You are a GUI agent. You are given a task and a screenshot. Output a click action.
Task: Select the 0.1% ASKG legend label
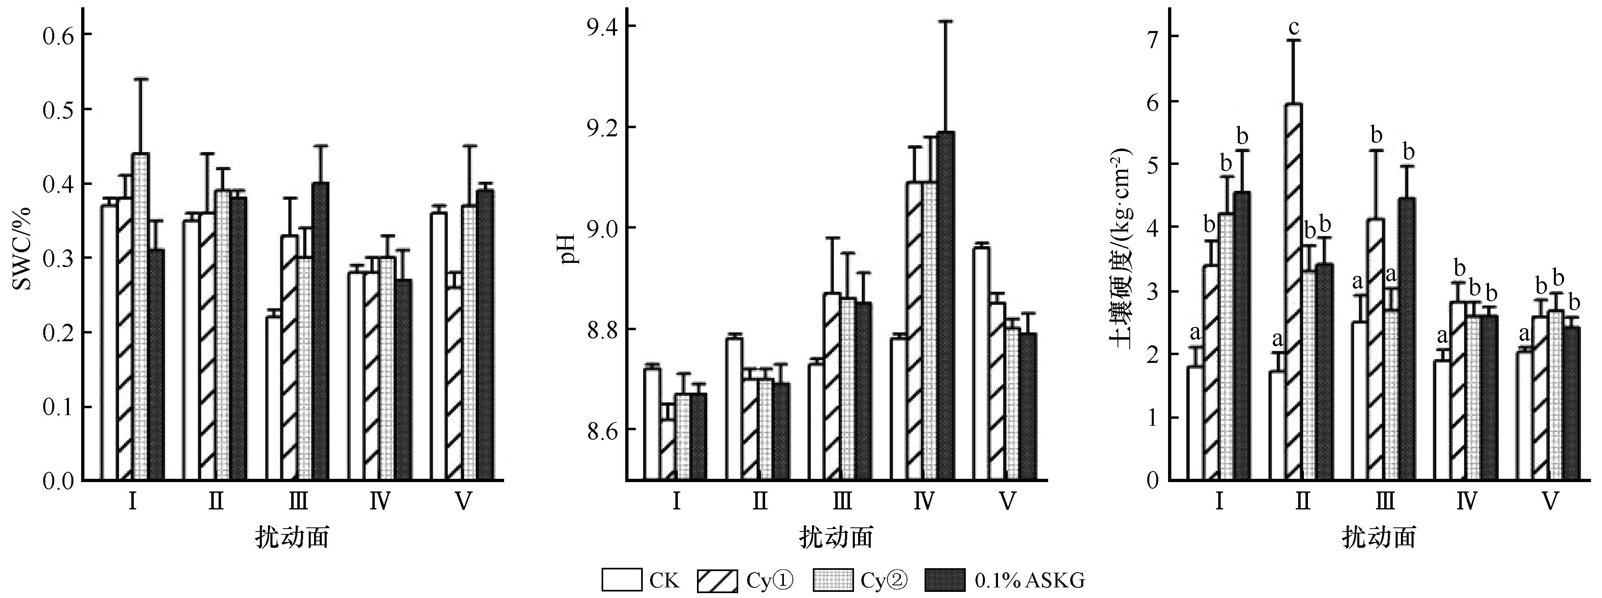coord(1029,580)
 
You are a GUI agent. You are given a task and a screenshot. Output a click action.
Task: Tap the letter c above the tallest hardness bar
coord(1294,28)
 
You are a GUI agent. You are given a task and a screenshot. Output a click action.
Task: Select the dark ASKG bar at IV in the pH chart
coord(945,305)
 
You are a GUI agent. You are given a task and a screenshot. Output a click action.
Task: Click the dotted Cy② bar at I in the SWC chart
coord(141,317)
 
